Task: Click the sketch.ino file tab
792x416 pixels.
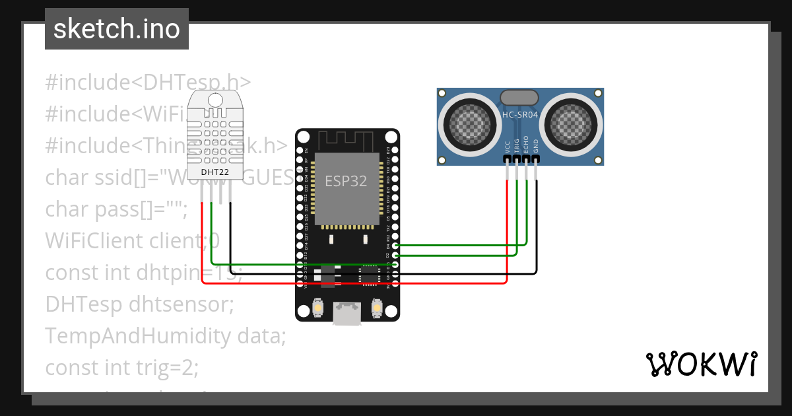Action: (116, 29)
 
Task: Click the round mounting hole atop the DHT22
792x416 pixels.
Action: (215, 99)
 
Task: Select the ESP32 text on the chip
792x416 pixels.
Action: (346, 181)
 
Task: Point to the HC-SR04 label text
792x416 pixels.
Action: (520, 115)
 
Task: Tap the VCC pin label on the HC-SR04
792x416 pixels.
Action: (508, 146)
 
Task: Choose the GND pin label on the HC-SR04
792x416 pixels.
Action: (536, 146)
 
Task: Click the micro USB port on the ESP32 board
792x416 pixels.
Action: (347, 313)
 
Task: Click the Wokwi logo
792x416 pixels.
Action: (701, 364)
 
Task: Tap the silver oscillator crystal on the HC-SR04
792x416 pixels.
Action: (520, 98)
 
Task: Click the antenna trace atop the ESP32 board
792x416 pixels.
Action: (346, 139)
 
